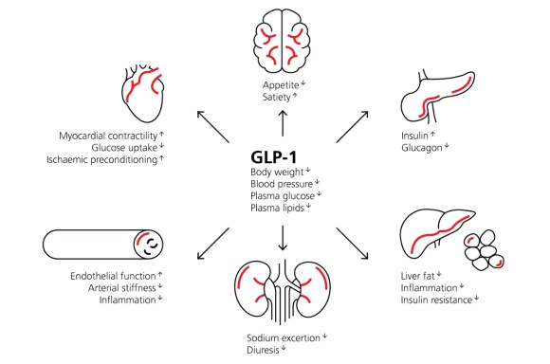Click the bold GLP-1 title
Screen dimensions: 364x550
point(281,155)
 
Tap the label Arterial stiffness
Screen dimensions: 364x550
point(126,288)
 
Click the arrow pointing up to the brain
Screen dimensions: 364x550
point(282,121)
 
